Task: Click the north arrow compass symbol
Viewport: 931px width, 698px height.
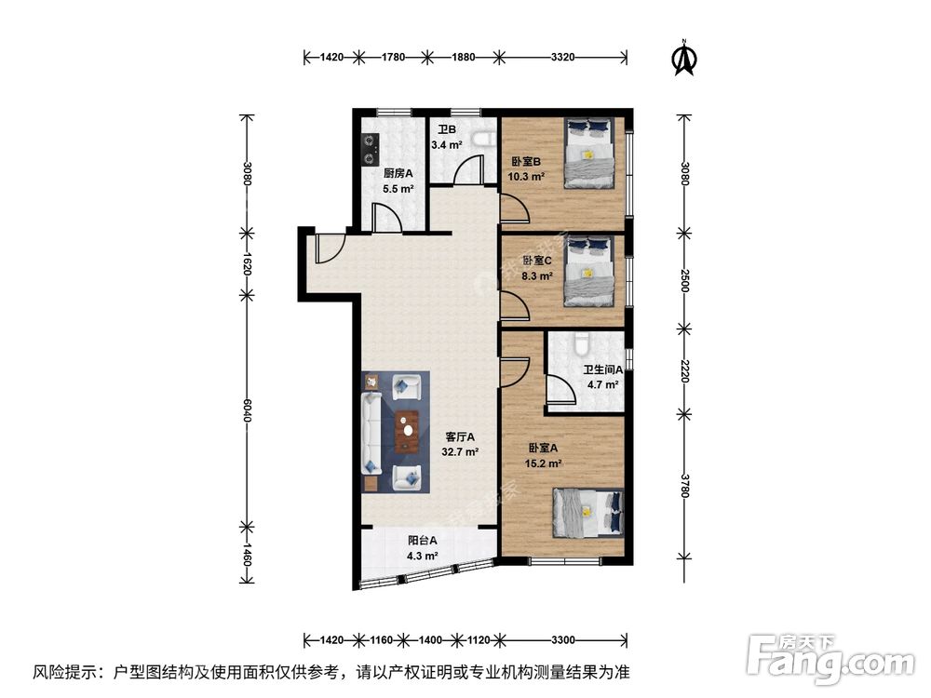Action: pos(686,58)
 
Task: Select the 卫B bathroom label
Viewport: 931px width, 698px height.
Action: pos(447,131)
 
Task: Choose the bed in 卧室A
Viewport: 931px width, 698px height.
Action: pos(587,513)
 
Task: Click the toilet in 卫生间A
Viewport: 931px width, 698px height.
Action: pos(582,343)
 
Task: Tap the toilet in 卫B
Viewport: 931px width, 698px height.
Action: pos(481,141)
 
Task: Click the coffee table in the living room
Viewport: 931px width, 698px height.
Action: pos(405,431)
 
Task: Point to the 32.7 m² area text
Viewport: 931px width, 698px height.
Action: pos(460,452)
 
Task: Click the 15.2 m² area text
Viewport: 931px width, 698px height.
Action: pos(542,463)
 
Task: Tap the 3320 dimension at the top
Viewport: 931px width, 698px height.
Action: pos(561,58)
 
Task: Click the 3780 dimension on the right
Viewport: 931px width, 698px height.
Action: pos(684,486)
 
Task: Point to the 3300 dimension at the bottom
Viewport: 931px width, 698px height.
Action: pos(561,640)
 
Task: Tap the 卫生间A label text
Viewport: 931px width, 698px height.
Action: pos(601,369)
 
